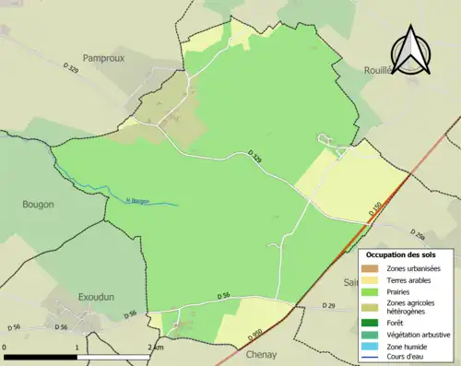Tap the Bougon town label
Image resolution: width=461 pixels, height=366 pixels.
coord(38,204)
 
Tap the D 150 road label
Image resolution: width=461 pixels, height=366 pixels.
coord(375,212)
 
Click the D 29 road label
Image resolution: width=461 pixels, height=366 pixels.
coord(329,305)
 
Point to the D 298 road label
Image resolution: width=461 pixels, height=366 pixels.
coord(417,235)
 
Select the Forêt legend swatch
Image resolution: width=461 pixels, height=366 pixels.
coord(375,323)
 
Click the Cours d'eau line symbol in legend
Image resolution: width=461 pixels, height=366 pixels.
coord(375,356)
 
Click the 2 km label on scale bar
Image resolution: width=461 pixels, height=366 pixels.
coord(153,348)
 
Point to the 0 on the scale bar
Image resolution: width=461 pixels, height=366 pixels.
coord(5,348)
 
